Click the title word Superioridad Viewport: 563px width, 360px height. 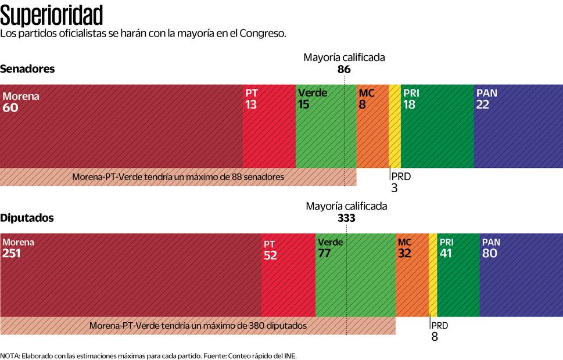click(x=52, y=14)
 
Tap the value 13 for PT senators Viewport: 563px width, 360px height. click(x=251, y=105)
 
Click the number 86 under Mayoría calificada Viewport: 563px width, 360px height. click(x=344, y=69)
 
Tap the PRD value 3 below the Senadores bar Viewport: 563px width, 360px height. click(x=395, y=188)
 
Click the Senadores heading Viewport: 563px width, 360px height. click(x=27, y=69)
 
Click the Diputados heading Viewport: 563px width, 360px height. click(x=27, y=218)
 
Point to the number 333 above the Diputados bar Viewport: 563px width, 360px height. click(x=346, y=218)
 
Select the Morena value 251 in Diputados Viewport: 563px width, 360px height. click(x=12, y=253)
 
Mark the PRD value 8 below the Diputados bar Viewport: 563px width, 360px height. click(x=435, y=336)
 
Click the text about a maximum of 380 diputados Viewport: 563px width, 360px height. click(x=198, y=326)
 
